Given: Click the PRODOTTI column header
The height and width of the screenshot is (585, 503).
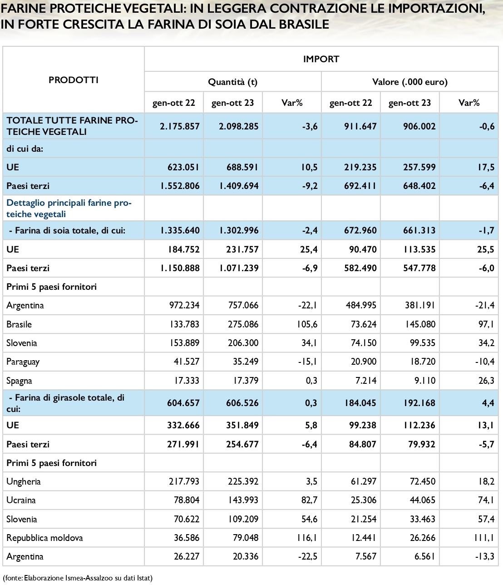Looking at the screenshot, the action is point(73,80).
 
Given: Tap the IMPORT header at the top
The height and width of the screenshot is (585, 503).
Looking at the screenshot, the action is point(321,59).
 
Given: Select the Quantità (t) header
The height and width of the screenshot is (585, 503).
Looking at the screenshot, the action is point(232,82).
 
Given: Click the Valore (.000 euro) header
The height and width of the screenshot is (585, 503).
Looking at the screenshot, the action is point(409,82).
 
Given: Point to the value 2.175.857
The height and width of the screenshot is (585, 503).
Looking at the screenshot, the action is point(180,126).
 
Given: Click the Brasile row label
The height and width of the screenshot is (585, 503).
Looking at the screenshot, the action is point(19,324).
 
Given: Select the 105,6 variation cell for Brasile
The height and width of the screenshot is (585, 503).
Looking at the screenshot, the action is point(307,324).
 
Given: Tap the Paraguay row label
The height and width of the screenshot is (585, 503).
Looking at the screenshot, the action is point(23,362).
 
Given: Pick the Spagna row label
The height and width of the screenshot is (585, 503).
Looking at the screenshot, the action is point(19,381).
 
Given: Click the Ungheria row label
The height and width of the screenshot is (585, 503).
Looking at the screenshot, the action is point(24,481).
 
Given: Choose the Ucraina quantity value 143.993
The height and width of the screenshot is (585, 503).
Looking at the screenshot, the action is point(243,500).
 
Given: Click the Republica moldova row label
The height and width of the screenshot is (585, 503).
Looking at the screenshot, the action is point(44,538).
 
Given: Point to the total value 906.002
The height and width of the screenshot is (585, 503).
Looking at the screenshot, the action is point(419,126).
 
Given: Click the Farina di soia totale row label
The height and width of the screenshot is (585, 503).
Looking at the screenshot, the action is point(67,230).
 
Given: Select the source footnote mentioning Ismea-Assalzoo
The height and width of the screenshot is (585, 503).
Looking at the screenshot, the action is point(78,578).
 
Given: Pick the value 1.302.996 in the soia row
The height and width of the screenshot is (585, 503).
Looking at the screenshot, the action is point(239,230).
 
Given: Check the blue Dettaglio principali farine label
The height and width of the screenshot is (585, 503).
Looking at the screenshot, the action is point(69,208).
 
